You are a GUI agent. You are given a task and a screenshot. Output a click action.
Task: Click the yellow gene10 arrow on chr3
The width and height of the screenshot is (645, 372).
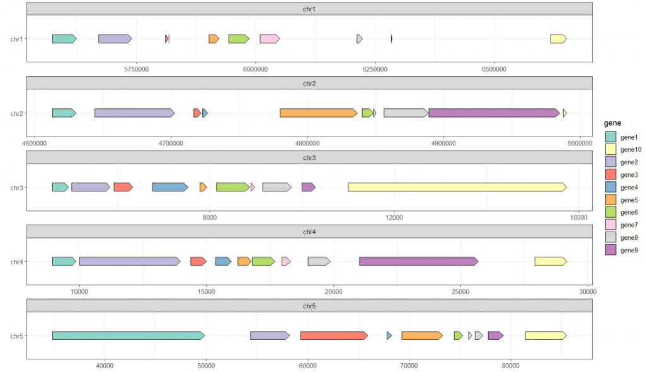[457, 187]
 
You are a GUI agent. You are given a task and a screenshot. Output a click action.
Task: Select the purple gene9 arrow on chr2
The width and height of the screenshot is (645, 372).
[494, 113]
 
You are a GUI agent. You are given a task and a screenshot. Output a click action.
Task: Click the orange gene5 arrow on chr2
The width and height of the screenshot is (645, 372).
[319, 113]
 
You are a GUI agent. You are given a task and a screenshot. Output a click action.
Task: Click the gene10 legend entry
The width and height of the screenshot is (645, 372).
[630, 149]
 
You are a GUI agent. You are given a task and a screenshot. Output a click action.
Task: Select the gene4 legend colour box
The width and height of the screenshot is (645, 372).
[610, 187]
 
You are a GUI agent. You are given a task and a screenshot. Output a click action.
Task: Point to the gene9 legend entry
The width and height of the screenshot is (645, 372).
[629, 250]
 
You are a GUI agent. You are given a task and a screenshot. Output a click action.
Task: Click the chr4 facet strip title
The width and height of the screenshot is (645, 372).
[309, 232]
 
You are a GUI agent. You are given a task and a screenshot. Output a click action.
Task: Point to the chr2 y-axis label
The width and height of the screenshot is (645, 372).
[17, 113]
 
